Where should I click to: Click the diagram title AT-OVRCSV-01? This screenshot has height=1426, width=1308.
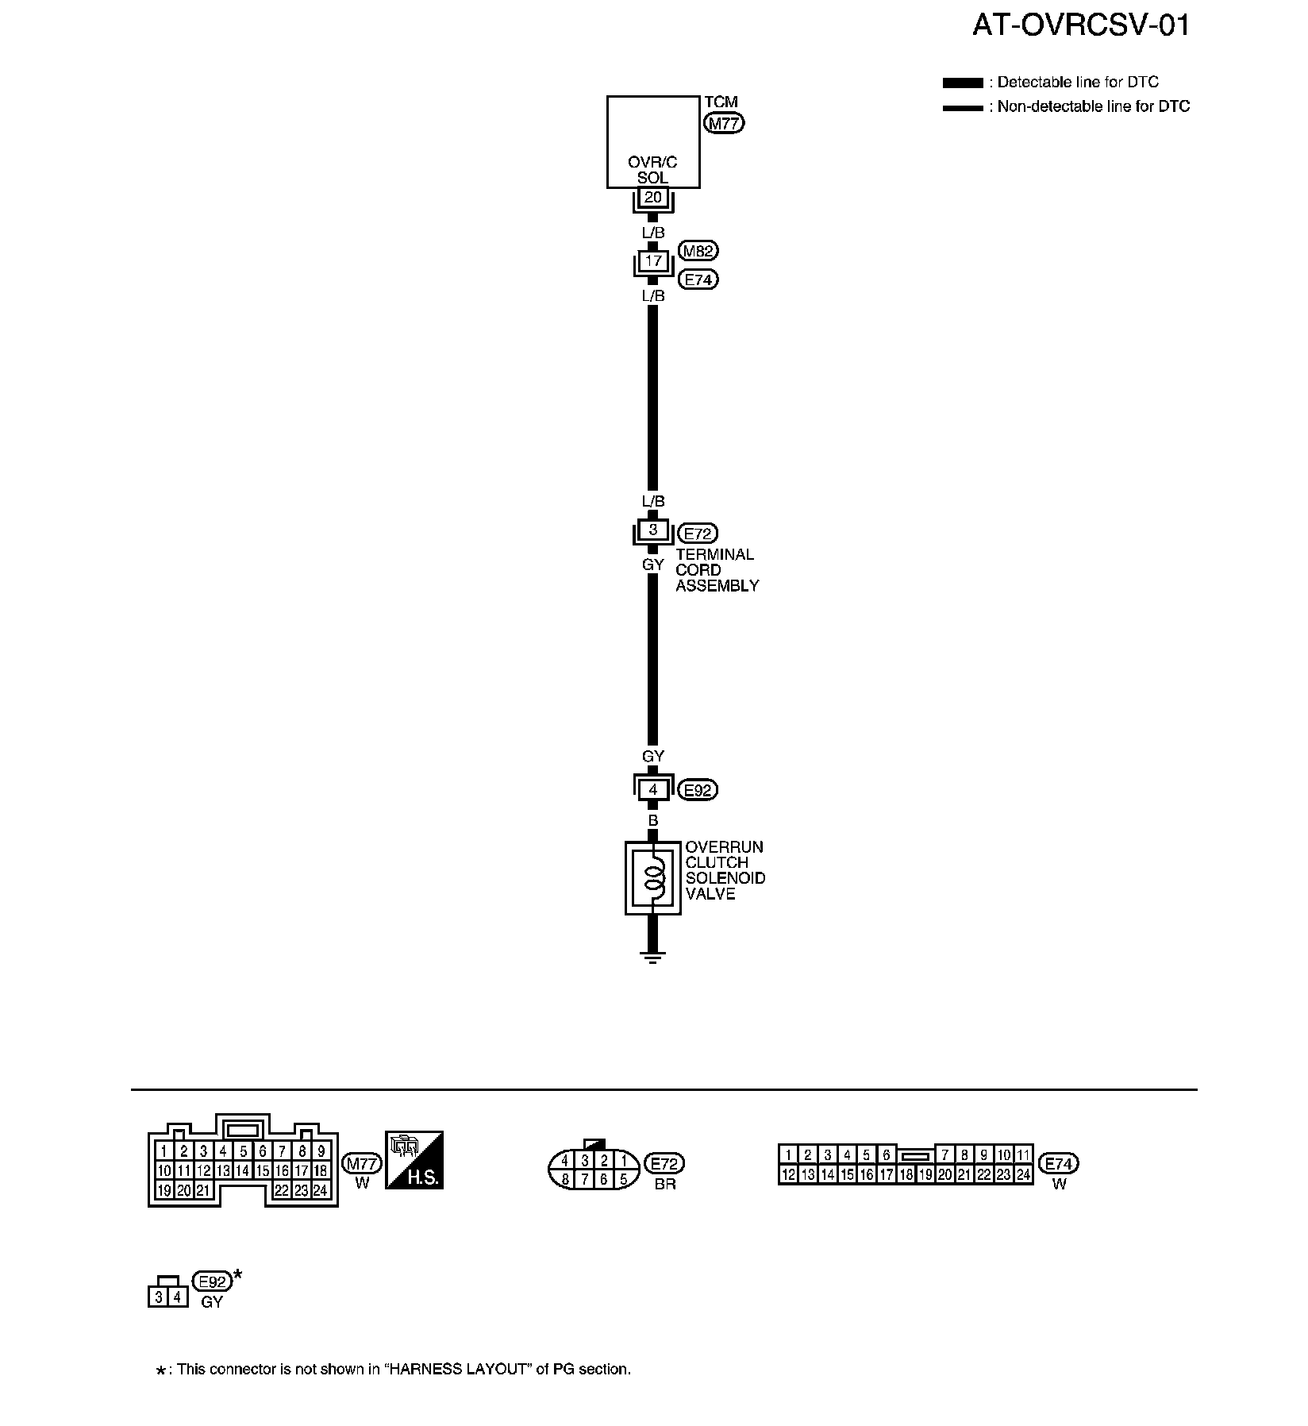(1080, 25)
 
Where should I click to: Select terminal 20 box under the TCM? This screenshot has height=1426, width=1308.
(652, 197)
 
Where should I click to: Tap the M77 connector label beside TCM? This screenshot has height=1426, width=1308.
(724, 123)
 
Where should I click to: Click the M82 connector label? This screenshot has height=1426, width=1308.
(698, 251)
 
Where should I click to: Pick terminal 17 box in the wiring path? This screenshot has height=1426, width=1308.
(652, 260)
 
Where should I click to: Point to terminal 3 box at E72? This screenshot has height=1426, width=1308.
(652, 530)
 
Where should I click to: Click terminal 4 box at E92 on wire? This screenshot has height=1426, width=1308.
(652, 790)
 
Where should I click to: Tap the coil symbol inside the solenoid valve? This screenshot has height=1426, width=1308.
(653, 877)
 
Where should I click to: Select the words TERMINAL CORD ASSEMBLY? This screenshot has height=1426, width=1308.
(717, 570)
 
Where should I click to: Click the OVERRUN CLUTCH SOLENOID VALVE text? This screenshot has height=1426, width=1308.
(725, 870)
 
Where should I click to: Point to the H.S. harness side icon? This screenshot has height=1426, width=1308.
(414, 1160)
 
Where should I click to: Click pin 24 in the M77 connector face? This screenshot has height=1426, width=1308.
(321, 1190)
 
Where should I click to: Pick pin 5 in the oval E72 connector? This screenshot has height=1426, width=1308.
(623, 1179)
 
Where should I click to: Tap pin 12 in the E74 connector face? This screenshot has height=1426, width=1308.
(788, 1174)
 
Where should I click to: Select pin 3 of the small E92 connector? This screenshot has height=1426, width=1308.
(159, 1297)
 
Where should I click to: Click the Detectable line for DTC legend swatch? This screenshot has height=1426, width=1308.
(963, 83)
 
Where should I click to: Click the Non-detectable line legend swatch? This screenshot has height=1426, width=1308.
(963, 107)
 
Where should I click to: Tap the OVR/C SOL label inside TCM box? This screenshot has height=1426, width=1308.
(652, 170)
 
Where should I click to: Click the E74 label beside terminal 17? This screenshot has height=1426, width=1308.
(698, 279)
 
